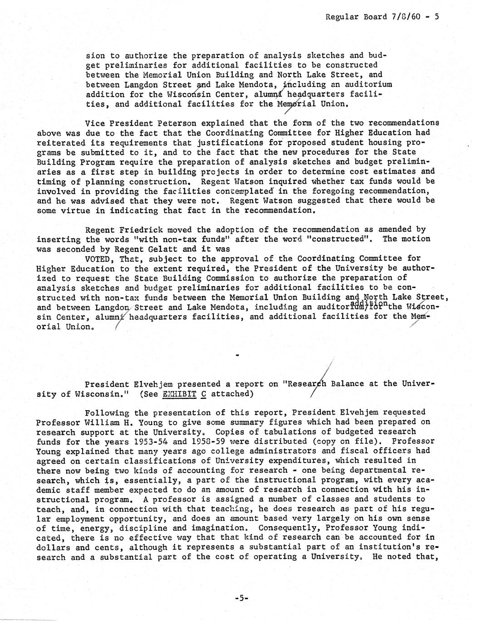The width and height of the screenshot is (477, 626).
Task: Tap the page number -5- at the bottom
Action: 241,598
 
